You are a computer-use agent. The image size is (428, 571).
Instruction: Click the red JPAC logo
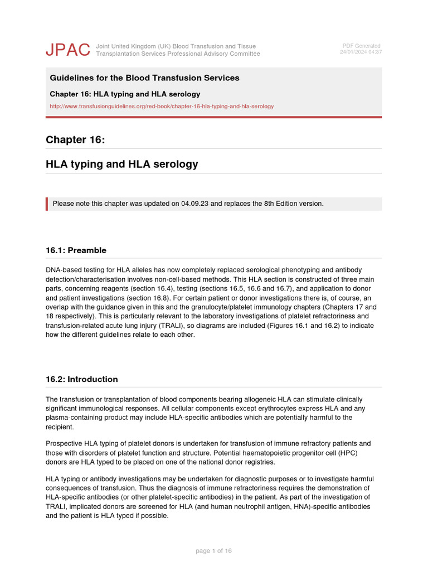tap(67, 50)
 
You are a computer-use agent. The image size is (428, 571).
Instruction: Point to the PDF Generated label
tap(361, 46)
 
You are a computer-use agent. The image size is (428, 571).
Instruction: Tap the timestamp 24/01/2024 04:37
tap(361, 52)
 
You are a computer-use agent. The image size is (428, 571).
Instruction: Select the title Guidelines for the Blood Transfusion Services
tap(144, 78)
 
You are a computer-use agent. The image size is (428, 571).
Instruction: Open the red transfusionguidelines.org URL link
tap(162, 106)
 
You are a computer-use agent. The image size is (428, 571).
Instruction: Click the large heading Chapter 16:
tap(75, 140)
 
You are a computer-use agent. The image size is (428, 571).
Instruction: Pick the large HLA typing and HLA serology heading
tap(121, 164)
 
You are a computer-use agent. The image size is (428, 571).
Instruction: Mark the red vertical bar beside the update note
tap(47, 204)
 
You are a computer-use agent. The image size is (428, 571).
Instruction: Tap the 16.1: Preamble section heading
tap(76, 250)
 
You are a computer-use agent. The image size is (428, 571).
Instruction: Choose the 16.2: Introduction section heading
tap(81, 379)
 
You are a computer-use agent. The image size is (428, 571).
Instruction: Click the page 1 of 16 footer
tap(213, 551)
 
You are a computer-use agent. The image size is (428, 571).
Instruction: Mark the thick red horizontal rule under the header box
tap(214, 117)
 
